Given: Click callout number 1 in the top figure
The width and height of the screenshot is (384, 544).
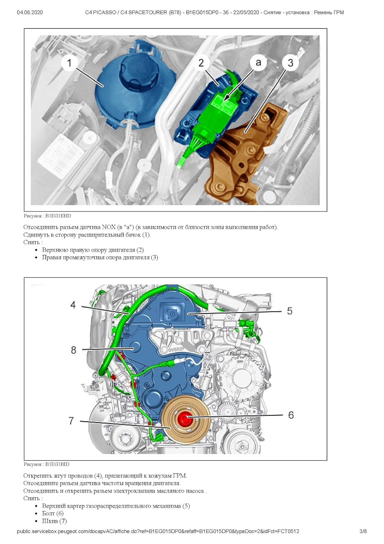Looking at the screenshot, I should point(69,63).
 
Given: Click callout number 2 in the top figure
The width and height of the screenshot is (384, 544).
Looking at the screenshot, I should point(201,63).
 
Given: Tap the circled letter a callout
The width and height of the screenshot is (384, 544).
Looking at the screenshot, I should point(258,62).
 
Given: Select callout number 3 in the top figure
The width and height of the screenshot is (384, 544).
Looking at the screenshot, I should point(290,63).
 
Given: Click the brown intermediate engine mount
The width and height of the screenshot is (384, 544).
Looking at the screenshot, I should point(243,156).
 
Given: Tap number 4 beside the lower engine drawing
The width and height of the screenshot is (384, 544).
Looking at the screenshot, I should point(73,305).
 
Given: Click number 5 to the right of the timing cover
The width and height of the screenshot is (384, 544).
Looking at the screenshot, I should point(289,311).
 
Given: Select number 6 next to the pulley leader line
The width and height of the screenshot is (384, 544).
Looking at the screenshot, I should point(291,415).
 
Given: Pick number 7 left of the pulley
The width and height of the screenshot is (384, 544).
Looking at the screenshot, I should point(71,421).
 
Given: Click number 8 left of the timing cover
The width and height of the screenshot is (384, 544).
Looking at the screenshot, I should point(74,350).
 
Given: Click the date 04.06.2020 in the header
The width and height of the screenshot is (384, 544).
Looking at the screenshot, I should point(30,12).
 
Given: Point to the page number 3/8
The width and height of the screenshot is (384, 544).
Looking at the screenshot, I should point(363,531).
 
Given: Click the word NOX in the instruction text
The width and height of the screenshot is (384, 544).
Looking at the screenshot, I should point(109,227).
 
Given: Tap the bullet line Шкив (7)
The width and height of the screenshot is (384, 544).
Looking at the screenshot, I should point(54,521).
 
